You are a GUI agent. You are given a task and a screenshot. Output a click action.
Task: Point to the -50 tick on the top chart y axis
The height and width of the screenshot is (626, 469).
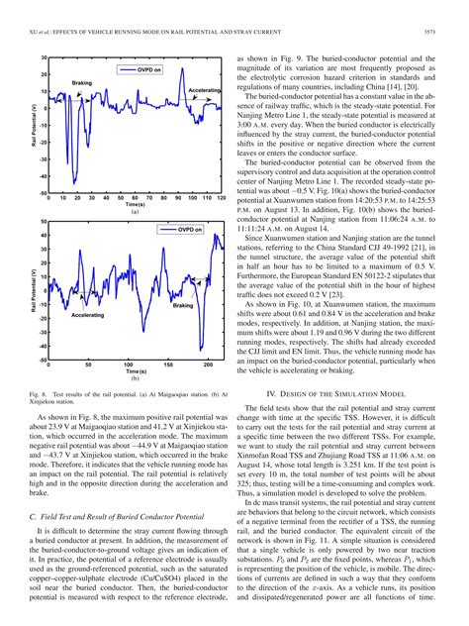pyautogui.click(x=45, y=193)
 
